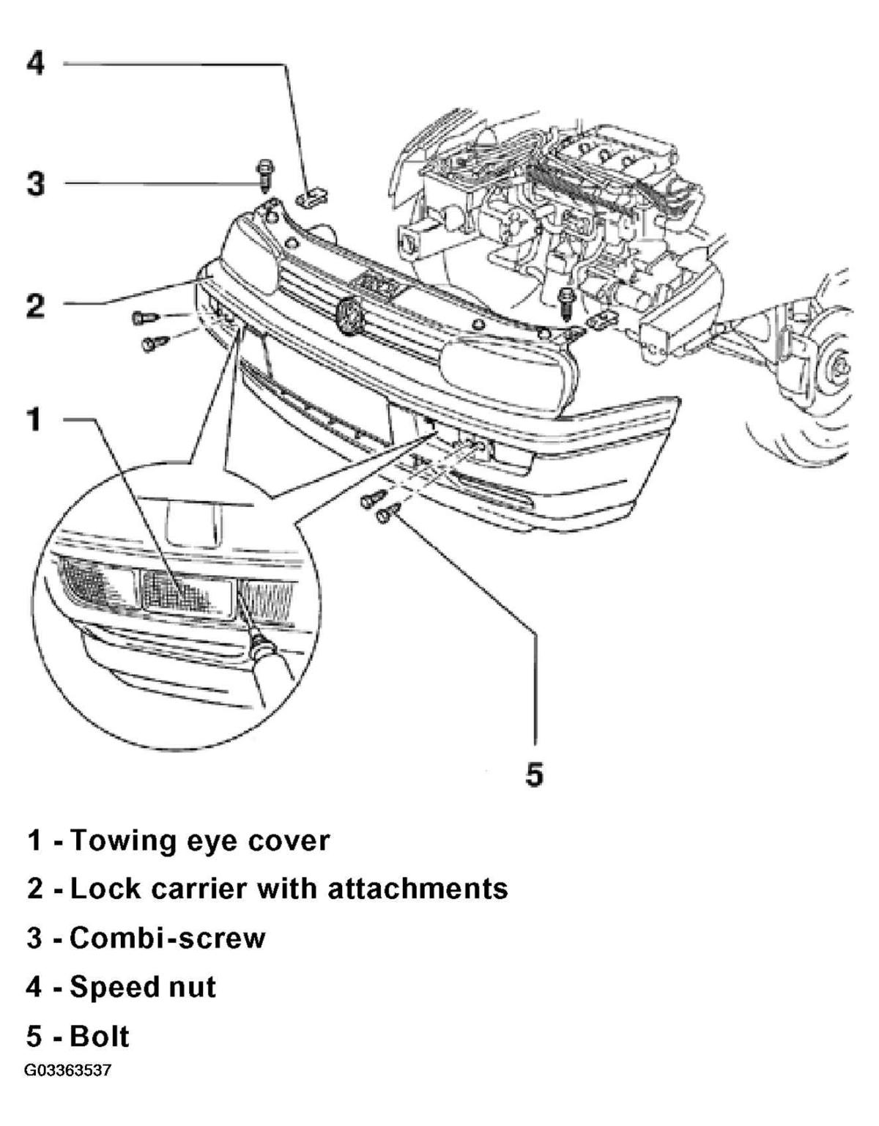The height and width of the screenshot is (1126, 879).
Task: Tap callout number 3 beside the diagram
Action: (36, 183)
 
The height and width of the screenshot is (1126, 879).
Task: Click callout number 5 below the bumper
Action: (535, 774)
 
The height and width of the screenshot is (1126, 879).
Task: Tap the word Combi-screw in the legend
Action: (167, 938)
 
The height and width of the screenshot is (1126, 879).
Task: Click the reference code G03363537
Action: (67, 1071)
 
